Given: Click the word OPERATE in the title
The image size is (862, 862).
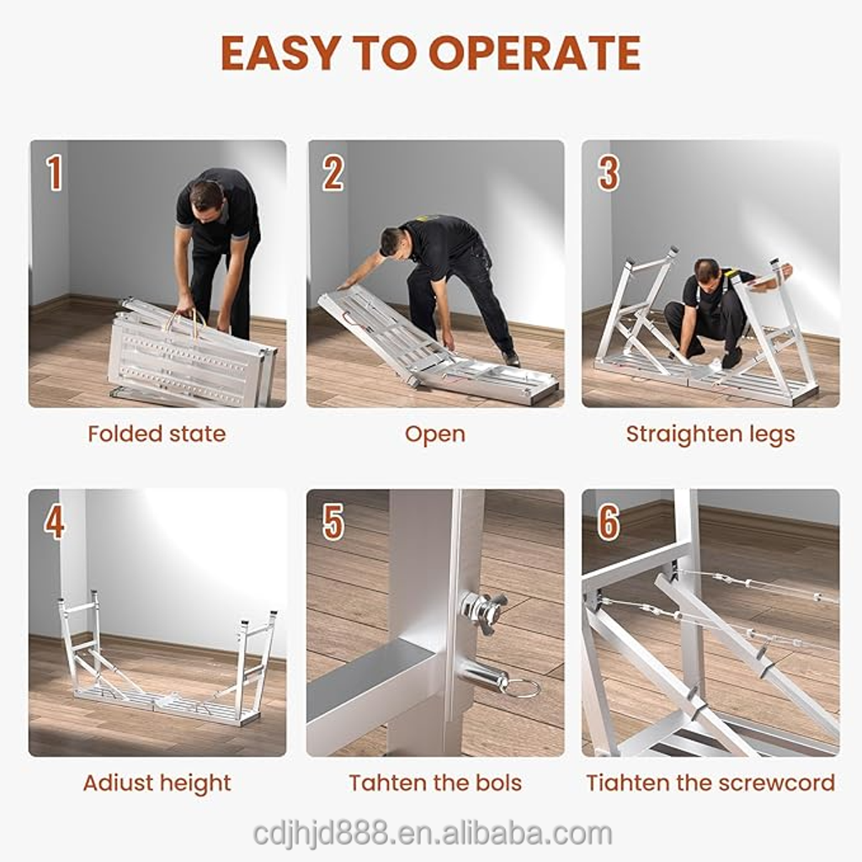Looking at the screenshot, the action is pos(535,53).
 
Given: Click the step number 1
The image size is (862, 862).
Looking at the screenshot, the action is pos(54,173).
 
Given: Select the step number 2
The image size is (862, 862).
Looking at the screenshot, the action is pos(333,173).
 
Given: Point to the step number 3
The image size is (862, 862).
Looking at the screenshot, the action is pos(609,173).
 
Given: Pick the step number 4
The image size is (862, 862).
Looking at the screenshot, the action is pos(55,521).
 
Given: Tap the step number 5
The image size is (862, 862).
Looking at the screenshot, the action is pos(333,521).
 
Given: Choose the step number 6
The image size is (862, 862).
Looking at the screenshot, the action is pos(609,521).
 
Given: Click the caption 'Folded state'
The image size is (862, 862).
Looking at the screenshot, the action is pos(157,434).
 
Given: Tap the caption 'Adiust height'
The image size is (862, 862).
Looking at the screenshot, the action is pos(157,784).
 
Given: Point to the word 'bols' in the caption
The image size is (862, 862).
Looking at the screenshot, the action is pos(499,782).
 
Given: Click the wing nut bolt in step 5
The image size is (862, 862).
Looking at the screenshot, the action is pos(482,611).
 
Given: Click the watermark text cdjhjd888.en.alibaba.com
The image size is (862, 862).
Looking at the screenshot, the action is pos(433,833).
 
